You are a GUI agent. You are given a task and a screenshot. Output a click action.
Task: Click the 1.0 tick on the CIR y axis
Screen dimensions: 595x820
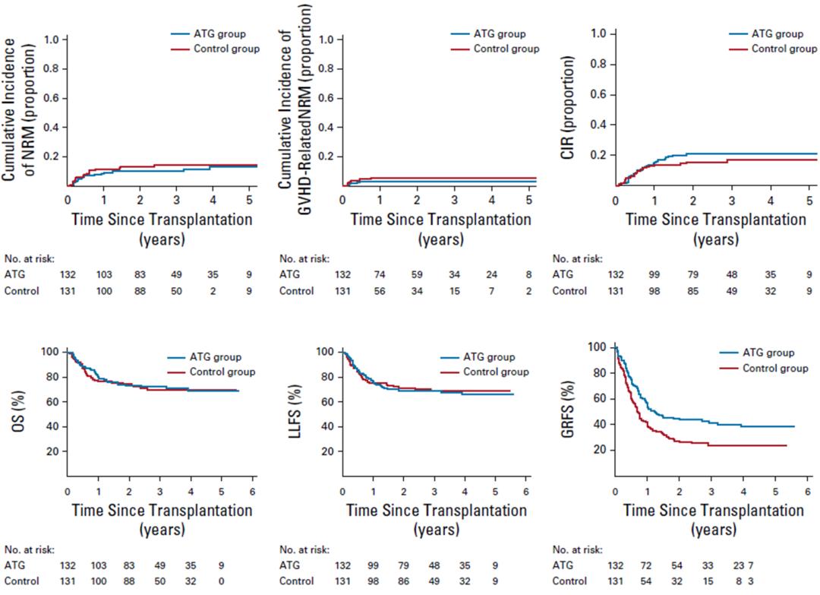(x=597, y=34)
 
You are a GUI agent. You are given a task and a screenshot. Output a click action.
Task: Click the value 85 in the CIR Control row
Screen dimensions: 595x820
(x=686, y=290)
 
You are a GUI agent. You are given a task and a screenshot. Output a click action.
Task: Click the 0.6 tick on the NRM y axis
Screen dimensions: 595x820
(x=52, y=97)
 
